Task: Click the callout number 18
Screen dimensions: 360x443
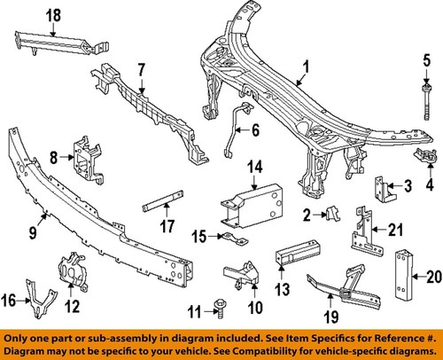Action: pyautogui.click(x=28, y=13)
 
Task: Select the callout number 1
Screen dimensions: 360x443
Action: pyautogui.click(x=305, y=66)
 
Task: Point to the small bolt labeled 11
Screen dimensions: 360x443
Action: pyautogui.click(x=217, y=309)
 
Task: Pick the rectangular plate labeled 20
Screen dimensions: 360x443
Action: pyautogui.click(x=407, y=275)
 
